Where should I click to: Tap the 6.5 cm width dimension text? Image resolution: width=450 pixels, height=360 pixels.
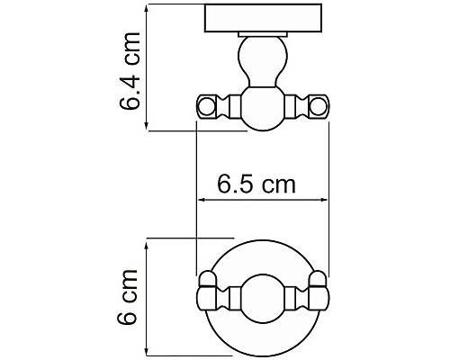tap(257, 184)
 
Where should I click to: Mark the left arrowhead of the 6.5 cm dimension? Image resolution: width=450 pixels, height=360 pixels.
tap(201, 202)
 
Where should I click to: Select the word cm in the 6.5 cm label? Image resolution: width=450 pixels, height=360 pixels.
tap(279, 185)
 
